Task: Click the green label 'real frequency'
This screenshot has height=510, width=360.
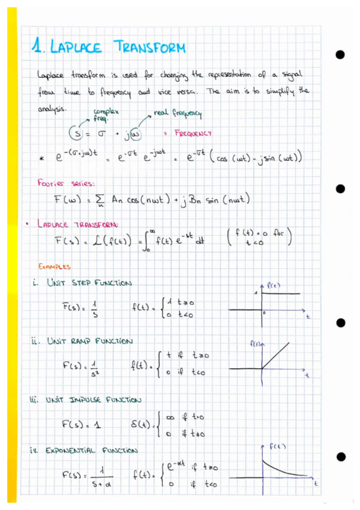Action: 178,113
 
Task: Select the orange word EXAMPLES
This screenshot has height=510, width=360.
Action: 55,266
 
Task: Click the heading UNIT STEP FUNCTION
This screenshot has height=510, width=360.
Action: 89,283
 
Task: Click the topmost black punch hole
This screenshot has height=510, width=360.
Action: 340,55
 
